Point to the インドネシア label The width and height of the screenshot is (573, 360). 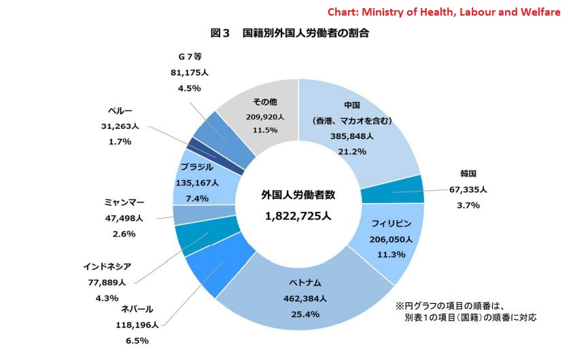tap(107, 267)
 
